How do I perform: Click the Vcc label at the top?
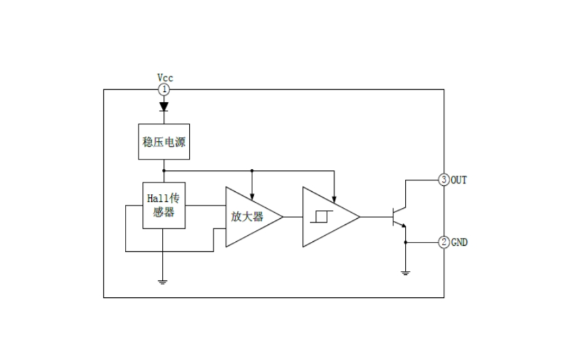pos(165,78)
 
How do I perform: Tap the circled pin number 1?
pos(164,89)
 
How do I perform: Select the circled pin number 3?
pos(443,180)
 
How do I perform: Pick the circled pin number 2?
pos(443,242)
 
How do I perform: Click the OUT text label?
pos(459,180)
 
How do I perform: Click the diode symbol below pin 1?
pos(164,107)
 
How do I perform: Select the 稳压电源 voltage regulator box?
pos(164,142)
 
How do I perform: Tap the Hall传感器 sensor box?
pos(164,205)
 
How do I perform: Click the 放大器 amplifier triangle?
pos(247,217)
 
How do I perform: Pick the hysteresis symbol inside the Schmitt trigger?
pos(320,217)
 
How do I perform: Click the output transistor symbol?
pos(398,217)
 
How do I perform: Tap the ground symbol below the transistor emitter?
pos(406,273)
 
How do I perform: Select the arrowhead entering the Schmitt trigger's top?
pos(335,199)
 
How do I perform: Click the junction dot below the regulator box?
pos(164,170)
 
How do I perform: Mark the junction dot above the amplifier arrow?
pos(252,170)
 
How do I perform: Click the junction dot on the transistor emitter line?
pos(406,242)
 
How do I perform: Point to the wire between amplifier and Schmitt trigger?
pos(292,217)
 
